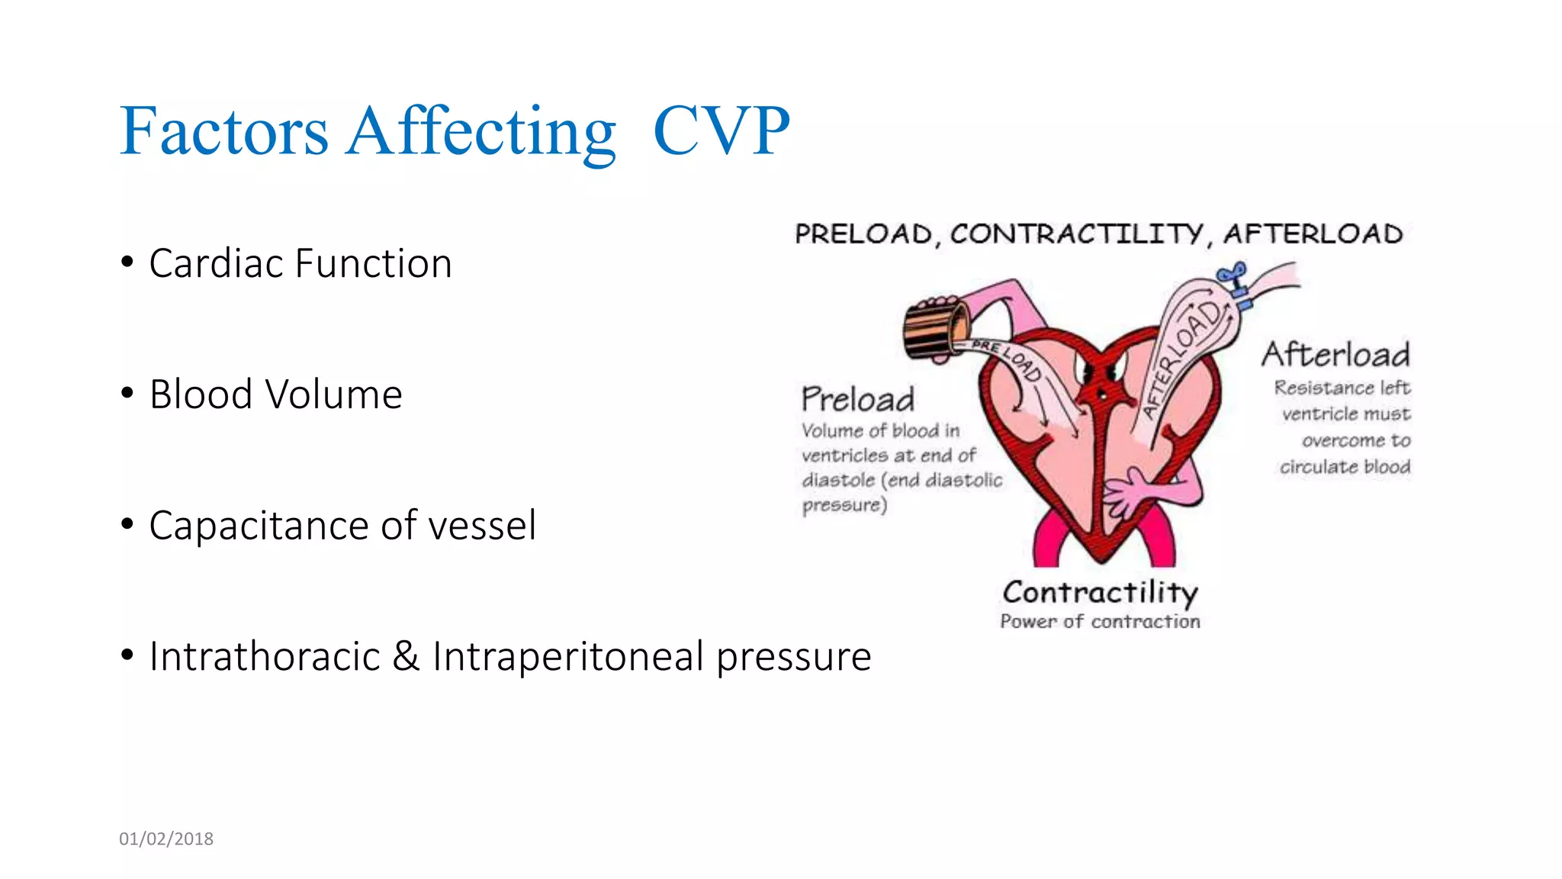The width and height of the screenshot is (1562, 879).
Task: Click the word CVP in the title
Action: [x=721, y=131]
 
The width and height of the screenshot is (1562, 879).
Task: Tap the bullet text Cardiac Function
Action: [x=301, y=264]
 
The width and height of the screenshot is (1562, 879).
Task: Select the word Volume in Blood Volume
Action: [x=333, y=395]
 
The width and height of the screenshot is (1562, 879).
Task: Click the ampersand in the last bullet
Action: [x=406, y=657]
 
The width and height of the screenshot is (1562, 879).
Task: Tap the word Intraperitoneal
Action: [x=567, y=657]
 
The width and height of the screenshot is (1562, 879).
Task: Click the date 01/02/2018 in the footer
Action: [x=166, y=839]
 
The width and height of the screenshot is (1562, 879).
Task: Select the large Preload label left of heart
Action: [x=857, y=399]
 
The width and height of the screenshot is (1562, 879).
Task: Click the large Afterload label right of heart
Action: [x=1335, y=354]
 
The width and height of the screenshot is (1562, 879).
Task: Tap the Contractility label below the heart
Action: [x=1099, y=592]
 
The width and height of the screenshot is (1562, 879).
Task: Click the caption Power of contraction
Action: [x=1099, y=622]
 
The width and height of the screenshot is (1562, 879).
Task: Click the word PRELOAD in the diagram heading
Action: [x=863, y=233]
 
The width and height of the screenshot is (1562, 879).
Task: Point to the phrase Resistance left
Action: [x=1342, y=388]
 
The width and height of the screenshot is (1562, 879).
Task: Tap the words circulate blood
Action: [x=1345, y=467]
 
